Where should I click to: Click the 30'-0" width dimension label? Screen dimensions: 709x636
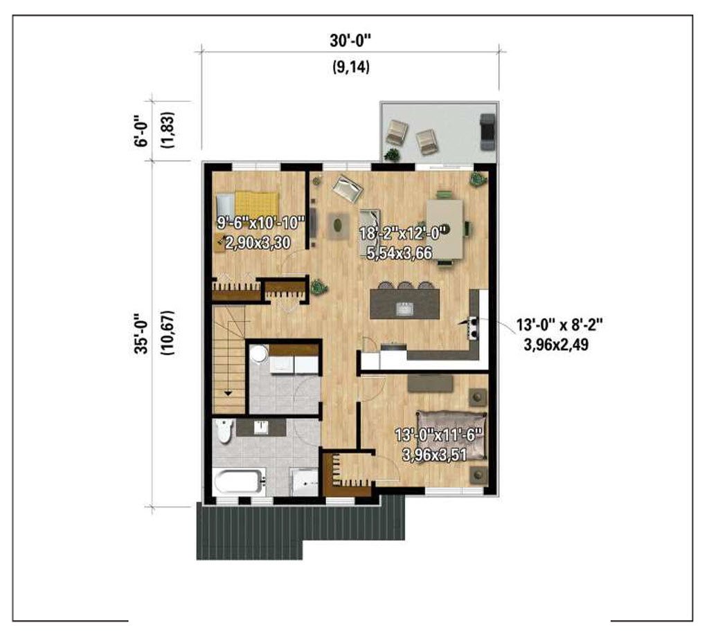(x=350, y=41)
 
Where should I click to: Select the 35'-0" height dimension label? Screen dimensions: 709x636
(x=141, y=333)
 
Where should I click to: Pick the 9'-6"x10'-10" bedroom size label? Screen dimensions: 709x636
(x=261, y=223)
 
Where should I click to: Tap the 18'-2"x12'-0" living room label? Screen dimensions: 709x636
(x=404, y=233)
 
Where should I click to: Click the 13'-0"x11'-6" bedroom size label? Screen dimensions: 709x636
(x=439, y=436)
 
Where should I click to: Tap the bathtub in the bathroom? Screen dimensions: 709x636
(x=239, y=482)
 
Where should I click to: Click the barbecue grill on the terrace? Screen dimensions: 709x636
(x=487, y=131)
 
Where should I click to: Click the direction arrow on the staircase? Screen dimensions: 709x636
(x=228, y=393)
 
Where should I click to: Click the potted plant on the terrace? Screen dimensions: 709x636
(x=392, y=154)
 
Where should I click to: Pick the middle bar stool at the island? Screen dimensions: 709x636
(x=404, y=286)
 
